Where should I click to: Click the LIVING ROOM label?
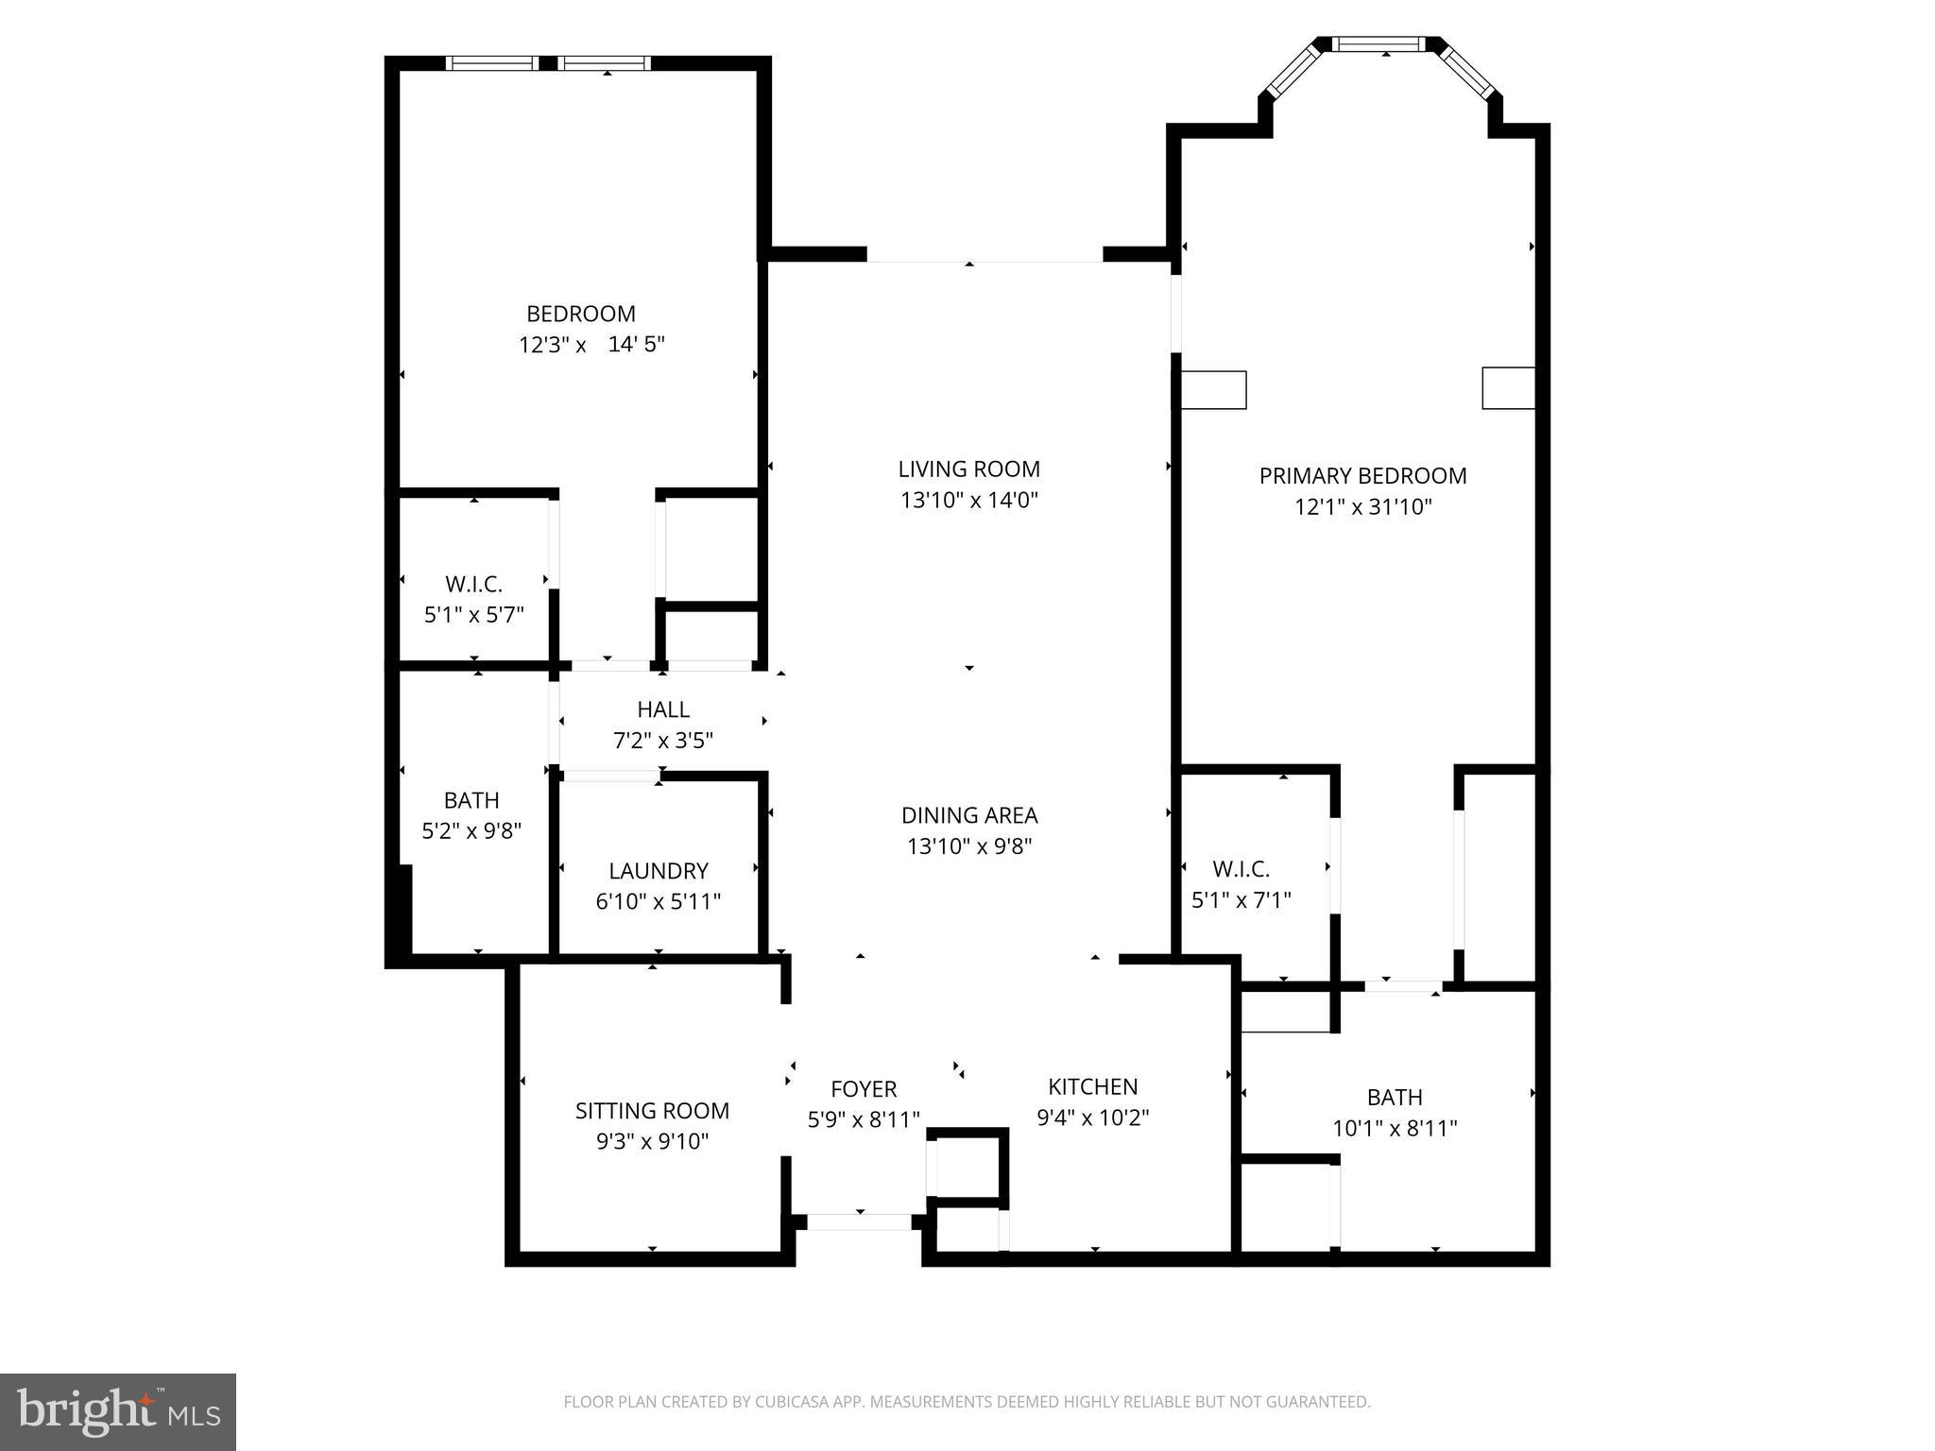click(968, 469)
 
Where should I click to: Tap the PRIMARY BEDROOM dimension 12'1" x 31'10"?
click(1362, 507)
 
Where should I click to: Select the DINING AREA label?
click(968, 815)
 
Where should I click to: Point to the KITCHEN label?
click(1092, 1086)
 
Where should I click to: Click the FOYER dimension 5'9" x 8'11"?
click(863, 1119)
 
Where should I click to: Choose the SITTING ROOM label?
click(652, 1111)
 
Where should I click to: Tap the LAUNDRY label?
click(658, 871)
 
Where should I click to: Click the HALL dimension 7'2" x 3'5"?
click(662, 741)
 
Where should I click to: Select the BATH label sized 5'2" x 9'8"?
click(471, 800)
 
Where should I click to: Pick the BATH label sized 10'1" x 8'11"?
click(1394, 1097)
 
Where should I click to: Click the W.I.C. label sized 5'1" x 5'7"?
click(473, 584)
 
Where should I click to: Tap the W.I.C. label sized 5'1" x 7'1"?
click(1241, 869)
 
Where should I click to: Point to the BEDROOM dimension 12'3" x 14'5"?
click(591, 345)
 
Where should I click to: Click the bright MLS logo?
click(118, 1411)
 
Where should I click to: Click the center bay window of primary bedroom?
click(1385, 43)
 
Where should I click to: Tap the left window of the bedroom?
click(491, 63)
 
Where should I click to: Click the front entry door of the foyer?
click(859, 1221)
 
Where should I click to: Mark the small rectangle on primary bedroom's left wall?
click(1213, 390)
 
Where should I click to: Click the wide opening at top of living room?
click(985, 255)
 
